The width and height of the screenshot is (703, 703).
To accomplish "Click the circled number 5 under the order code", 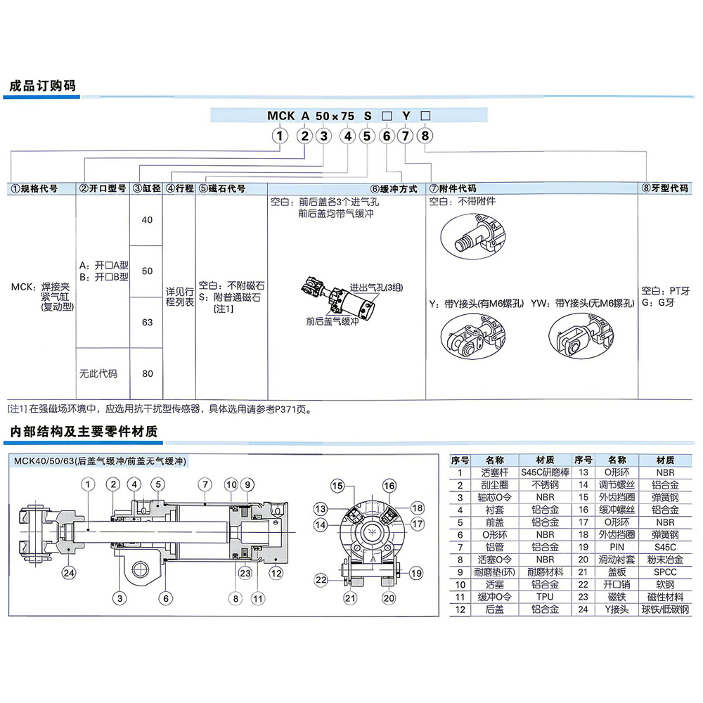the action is [x=367, y=136].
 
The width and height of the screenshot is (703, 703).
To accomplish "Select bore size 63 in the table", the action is [x=147, y=323].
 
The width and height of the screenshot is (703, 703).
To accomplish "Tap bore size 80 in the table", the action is [x=147, y=373].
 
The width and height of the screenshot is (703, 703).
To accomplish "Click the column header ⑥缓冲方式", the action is [x=394, y=188].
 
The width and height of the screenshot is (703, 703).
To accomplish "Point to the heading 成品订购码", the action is [x=43, y=86].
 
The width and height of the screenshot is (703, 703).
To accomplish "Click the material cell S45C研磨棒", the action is [x=546, y=472].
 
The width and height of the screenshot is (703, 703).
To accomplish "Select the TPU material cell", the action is [x=546, y=597].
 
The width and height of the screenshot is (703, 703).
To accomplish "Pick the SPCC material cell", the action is [x=665, y=572].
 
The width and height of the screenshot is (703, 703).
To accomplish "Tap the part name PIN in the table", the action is [x=617, y=547].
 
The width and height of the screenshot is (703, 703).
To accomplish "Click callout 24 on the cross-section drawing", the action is [x=69, y=573].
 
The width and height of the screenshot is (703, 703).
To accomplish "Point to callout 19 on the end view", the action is [x=416, y=573].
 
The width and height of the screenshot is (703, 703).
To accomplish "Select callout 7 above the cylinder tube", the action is [x=205, y=484].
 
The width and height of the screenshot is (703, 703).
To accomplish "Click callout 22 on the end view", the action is [x=321, y=580].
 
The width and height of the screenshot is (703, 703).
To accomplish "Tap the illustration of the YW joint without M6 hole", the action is [x=581, y=336].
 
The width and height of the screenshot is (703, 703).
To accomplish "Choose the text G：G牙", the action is [x=658, y=302].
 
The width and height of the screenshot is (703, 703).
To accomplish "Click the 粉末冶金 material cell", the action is [x=665, y=560].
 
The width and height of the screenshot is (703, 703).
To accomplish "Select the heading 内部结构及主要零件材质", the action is [x=84, y=432].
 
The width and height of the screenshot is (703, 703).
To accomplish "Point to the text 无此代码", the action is [x=98, y=373].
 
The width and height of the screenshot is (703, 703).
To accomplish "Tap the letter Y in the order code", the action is [x=406, y=116].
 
